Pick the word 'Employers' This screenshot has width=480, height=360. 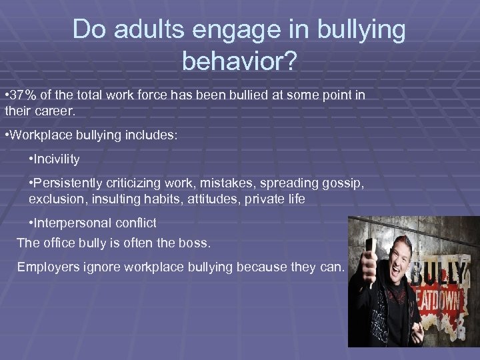click(47, 267)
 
